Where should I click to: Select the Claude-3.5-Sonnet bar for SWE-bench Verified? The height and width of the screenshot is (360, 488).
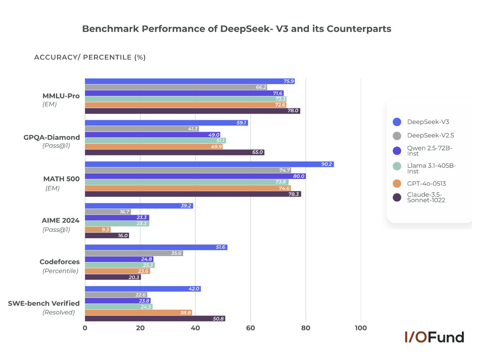click(155, 319)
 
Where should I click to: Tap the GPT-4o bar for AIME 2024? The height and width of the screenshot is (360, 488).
click(97, 230)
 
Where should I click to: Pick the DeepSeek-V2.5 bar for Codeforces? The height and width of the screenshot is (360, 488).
click(134, 253)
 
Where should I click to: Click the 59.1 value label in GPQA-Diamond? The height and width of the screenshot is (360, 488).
click(241, 123)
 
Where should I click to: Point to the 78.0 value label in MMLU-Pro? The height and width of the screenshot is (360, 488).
click(293, 111)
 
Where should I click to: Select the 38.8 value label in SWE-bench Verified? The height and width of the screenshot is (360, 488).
click(185, 313)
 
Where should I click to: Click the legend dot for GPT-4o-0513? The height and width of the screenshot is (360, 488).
click(397, 184)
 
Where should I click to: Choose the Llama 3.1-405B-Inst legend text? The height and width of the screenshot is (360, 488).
click(431, 168)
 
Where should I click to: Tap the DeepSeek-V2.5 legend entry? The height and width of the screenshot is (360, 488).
click(430, 135)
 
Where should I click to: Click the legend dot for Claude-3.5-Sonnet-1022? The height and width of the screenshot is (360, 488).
click(397, 197)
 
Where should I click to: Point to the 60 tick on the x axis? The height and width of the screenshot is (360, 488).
click(250, 328)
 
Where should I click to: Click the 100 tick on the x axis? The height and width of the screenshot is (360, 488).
click(361, 328)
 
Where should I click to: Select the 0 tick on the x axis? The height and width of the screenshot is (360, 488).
click(85, 328)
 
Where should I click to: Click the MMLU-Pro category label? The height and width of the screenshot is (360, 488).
click(61, 96)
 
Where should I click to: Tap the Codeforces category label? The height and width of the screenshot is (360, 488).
click(59, 262)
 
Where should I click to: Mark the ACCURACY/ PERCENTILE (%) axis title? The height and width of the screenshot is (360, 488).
click(90, 57)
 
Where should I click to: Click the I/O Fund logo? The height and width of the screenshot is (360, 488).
click(434, 337)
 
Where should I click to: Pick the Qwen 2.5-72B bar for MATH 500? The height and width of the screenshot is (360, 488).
click(195, 176)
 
